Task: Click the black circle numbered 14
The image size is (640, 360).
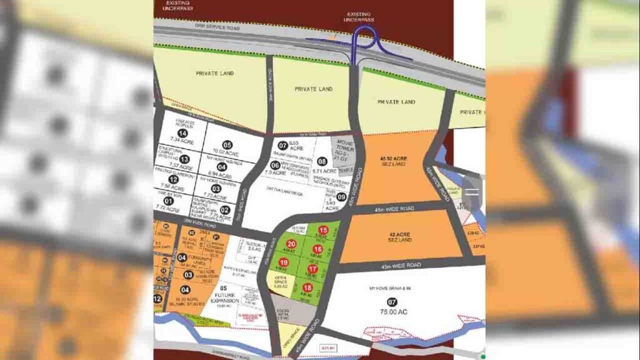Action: pyautogui.click(x=182, y=133)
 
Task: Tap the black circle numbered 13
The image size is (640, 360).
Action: pyautogui.click(x=184, y=159)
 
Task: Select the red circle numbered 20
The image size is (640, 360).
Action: pyautogui.click(x=291, y=244)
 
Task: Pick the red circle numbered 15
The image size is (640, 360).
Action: pyautogui.click(x=322, y=230)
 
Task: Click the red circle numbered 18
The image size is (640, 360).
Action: pyautogui.click(x=307, y=287)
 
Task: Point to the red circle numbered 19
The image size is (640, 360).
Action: pyautogui.click(x=284, y=262)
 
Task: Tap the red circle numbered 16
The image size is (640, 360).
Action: pyautogui.click(x=317, y=249)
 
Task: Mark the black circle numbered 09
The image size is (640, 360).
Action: pyautogui.click(x=341, y=196)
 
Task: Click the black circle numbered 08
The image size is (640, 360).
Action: pyautogui.click(x=322, y=161)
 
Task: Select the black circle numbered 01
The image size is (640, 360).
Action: pyautogui.click(x=167, y=200)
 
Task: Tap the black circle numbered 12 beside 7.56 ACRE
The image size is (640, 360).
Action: pyautogui.click(x=174, y=179)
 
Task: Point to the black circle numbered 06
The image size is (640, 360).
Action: pyautogui.click(x=274, y=165)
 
